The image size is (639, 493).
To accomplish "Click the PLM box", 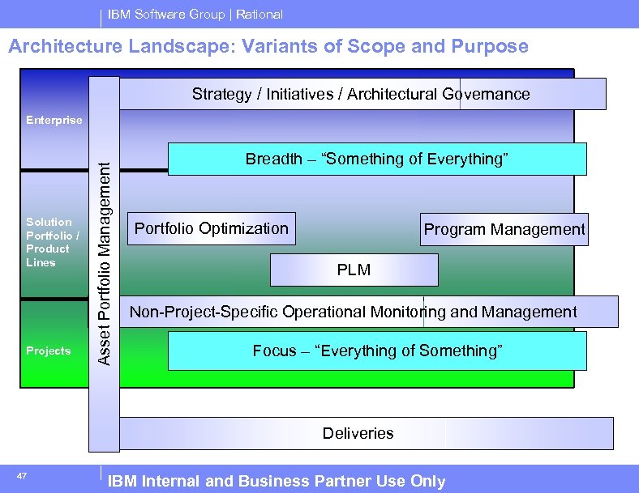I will (354, 270).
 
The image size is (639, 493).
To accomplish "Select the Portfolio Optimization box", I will (212, 228).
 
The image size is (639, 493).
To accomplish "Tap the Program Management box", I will (504, 229).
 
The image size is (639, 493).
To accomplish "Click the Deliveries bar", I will (358, 433).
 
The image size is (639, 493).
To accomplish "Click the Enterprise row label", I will (54, 120).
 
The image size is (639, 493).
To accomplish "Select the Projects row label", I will (49, 351).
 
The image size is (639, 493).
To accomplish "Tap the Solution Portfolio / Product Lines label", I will (52, 242).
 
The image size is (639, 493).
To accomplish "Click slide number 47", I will (23, 476).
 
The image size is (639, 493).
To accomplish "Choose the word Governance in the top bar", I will (486, 94).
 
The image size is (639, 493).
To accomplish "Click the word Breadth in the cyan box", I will (273, 159).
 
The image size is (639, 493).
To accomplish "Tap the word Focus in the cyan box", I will (274, 351).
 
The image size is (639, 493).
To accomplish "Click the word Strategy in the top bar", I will (221, 94).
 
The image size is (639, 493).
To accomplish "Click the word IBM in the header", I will (120, 15).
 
